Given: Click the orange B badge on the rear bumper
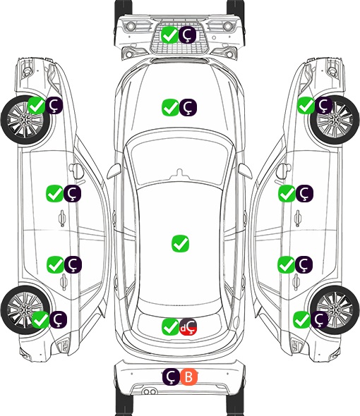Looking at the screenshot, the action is click(x=189, y=377).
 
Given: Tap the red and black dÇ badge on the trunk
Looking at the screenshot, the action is click(x=188, y=326).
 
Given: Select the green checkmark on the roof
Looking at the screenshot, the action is click(x=180, y=243).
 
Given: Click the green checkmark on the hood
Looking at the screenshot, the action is click(x=170, y=107).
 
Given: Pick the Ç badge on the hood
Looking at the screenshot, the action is click(x=188, y=107).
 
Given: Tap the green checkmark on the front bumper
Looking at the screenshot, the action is click(x=169, y=35).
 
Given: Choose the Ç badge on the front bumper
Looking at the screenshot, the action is click(x=187, y=35).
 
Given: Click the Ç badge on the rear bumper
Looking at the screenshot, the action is click(x=171, y=377).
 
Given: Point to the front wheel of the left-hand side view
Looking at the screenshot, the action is click(x=26, y=120).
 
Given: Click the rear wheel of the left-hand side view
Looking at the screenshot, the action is click(x=25, y=310).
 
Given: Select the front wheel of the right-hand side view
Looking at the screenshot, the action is click(x=335, y=120).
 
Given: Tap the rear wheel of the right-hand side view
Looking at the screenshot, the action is click(x=335, y=310).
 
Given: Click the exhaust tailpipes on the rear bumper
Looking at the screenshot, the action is click(x=150, y=391).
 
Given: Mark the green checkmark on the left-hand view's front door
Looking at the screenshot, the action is click(x=54, y=193).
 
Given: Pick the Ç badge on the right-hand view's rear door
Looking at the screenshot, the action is click(x=304, y=264).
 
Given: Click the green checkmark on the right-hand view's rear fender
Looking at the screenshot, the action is click(x=302, y=319).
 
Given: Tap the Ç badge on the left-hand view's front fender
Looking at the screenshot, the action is click(x=54, y=105).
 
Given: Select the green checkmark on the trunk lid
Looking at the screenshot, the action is click(x=170, y=326).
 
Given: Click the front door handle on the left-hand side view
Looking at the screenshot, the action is click(x=62, y=218).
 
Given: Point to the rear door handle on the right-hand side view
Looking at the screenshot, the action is click(x=296, y=282).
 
